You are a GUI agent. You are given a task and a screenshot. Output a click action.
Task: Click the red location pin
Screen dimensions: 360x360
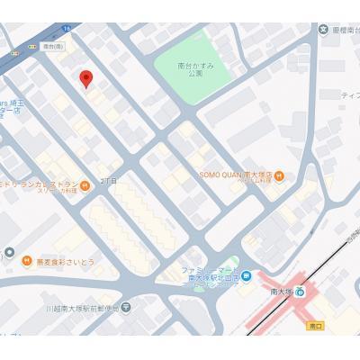pos(86,78)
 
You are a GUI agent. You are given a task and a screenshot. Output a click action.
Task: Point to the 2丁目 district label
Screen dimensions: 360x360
pos(109,181)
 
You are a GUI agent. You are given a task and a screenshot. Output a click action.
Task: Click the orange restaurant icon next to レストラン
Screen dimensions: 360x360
pos(85,186)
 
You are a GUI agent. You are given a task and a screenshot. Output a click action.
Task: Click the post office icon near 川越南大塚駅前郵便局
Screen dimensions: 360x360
pos(126,308)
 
